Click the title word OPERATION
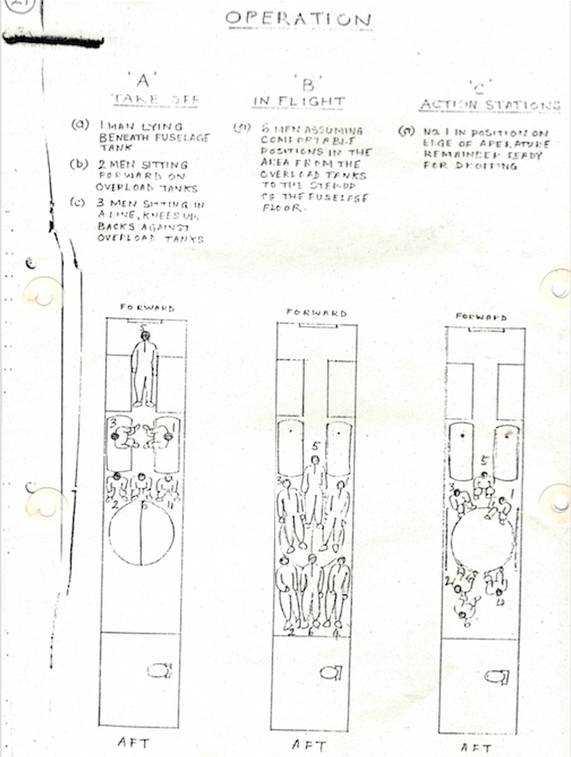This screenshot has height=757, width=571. coord(297,18)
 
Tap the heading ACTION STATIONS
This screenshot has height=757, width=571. coord(489,105)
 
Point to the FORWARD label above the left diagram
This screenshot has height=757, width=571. coord(147,308)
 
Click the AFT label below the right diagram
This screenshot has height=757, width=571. coord(477,747)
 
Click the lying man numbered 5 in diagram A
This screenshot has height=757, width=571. coord(144,369)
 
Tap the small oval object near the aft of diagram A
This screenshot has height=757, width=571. coord(159,671)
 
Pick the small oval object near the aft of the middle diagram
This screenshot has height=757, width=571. coord(330,673)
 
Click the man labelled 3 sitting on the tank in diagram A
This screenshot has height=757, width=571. coord(125,436)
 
